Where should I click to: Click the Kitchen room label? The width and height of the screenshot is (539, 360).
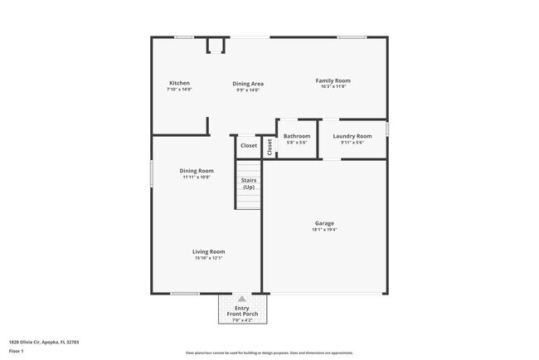click(180, 83)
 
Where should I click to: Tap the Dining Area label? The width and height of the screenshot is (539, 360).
click(248, 83)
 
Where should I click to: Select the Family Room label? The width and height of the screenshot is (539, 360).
click(330, 80)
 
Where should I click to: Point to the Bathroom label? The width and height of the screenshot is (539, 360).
click(297, 136)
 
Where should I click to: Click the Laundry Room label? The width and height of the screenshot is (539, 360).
click(352, 136)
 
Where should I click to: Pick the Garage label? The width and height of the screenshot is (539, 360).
click(324, 223)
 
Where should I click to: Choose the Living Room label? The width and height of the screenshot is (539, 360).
click(209, 251)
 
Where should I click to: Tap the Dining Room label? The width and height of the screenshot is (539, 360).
click(197, 171)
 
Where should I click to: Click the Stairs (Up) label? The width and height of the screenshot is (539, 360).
click(249, 183)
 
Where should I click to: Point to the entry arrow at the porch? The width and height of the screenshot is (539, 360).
click(241, 298)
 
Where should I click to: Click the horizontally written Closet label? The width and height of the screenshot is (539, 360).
click(249, 146)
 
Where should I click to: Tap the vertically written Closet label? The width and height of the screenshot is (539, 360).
click(269, 146)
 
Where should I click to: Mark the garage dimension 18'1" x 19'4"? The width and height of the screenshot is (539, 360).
click(324, 230)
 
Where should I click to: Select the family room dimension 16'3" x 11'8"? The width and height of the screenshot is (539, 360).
click(330, 87)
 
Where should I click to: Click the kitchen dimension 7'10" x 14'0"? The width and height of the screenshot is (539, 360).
click(180, 90)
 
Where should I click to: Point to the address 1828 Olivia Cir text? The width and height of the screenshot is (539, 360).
click(44, 341)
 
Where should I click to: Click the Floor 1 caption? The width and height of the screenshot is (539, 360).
click(17, 352)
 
